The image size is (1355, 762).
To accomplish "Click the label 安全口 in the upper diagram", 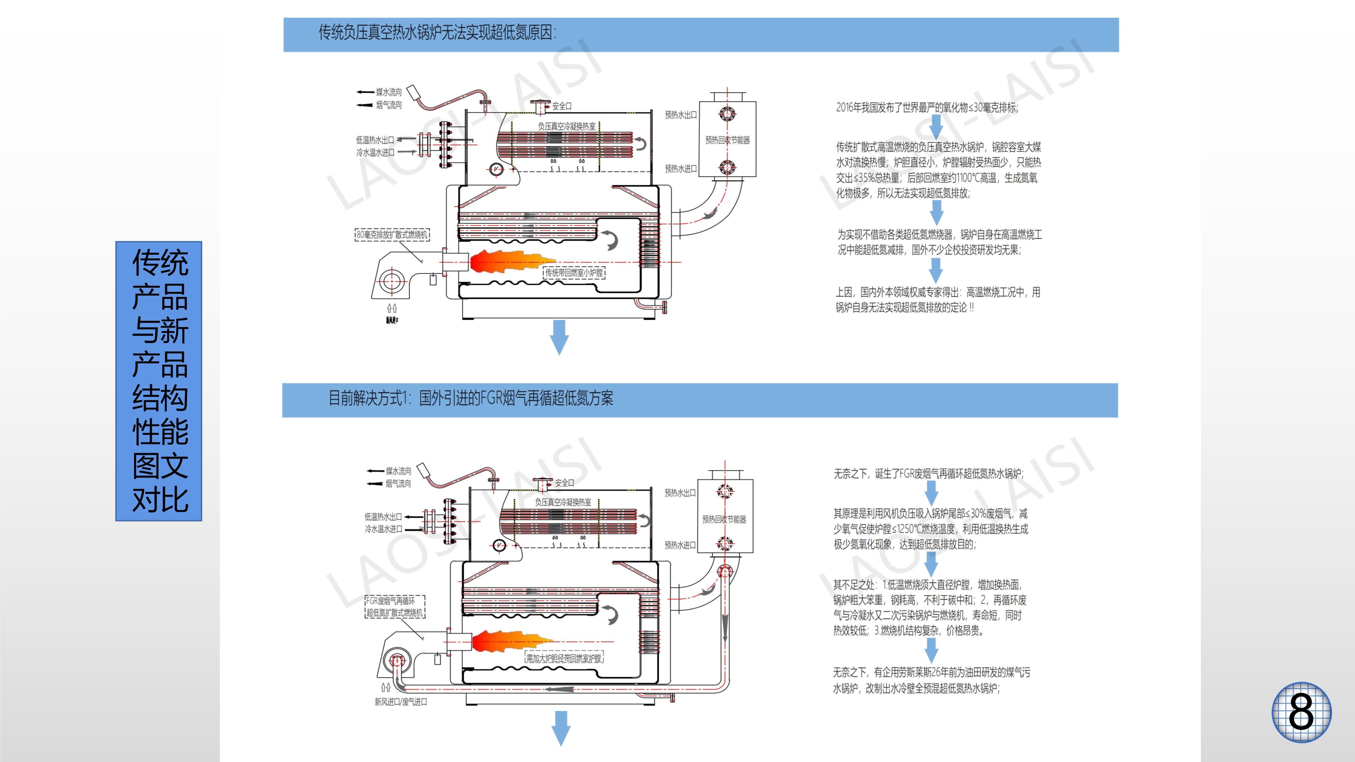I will click(x=561, y=106).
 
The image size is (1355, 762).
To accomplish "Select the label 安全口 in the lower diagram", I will click(x=564, y=483).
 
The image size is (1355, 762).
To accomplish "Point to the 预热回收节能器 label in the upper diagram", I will click(x=728, y=140).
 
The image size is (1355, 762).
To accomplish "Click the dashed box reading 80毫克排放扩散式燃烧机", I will click(x=392, y=235).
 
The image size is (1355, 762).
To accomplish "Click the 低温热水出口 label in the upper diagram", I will click(x=375, y=140).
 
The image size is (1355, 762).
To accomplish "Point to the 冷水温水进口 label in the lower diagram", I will click(x=383, y=529).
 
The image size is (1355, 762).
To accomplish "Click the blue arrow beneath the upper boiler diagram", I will click(x=559, y=337).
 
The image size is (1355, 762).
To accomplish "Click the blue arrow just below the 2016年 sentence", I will click(x=936, y=126).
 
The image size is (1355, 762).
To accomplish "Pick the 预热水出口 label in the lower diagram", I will click(x=680, y=493).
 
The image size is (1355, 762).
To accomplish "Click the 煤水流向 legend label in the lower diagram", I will click(x=398, y=471).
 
